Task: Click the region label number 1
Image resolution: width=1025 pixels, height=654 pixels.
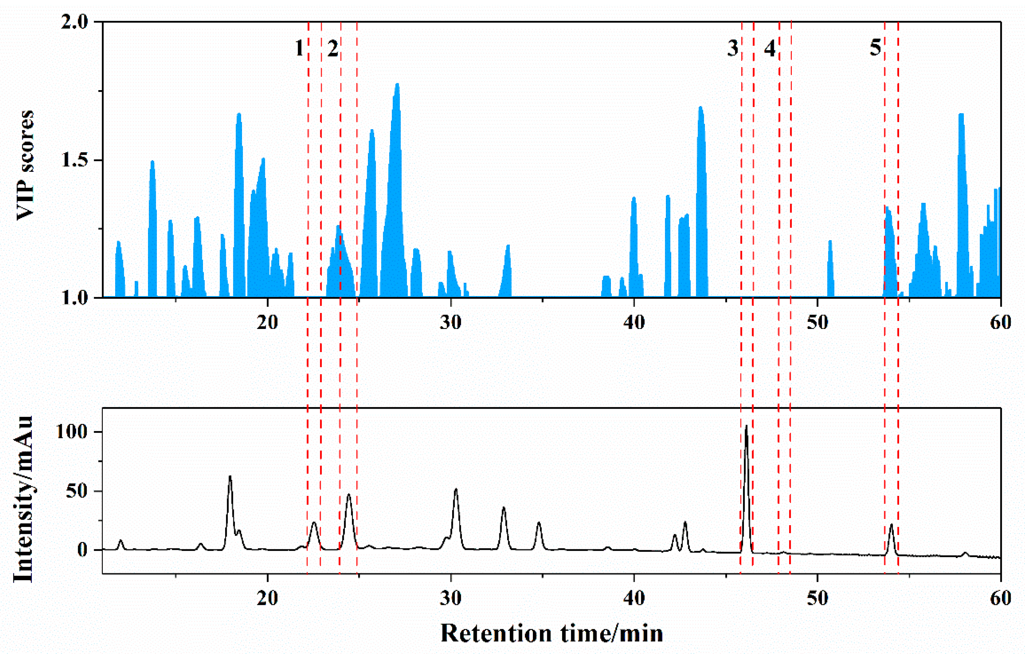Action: pyautogui.click(x=299, y=49)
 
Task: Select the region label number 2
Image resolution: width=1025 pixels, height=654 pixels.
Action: pyautogui.click(x=333, y=49)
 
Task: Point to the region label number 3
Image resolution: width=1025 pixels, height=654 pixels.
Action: pyautogui.click(x=733, y=49)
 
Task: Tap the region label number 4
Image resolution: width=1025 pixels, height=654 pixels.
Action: pyautogui.click(x=770, y=49)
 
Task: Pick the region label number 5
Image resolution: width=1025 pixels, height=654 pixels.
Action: pyautogui.click(x=875, y=47)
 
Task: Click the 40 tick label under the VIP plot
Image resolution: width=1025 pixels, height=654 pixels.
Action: pyautogui.click(x=634, y=322)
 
